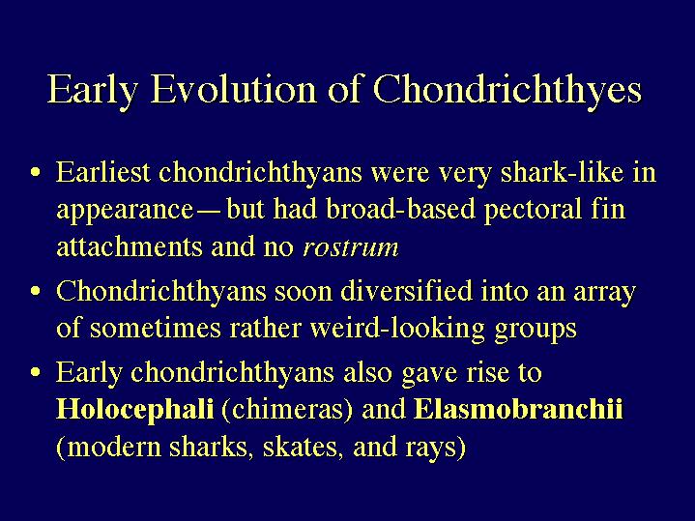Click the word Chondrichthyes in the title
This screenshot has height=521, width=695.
(507, 89)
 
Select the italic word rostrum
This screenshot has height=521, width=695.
(351, 247)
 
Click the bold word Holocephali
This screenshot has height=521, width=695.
(134, 410)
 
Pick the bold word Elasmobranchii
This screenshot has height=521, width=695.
(518, 408)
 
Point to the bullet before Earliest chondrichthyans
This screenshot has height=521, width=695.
(36, 172)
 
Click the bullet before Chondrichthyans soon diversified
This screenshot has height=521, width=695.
(36, 291)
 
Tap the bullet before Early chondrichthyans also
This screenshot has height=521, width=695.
(36, 371)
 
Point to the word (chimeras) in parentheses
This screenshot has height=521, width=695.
(287, 410)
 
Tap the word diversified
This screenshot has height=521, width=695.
(406, 291)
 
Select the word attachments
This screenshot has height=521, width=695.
(130, 246)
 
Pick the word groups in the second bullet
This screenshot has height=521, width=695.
(536, 330)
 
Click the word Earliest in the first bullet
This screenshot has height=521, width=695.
(102, 172)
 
